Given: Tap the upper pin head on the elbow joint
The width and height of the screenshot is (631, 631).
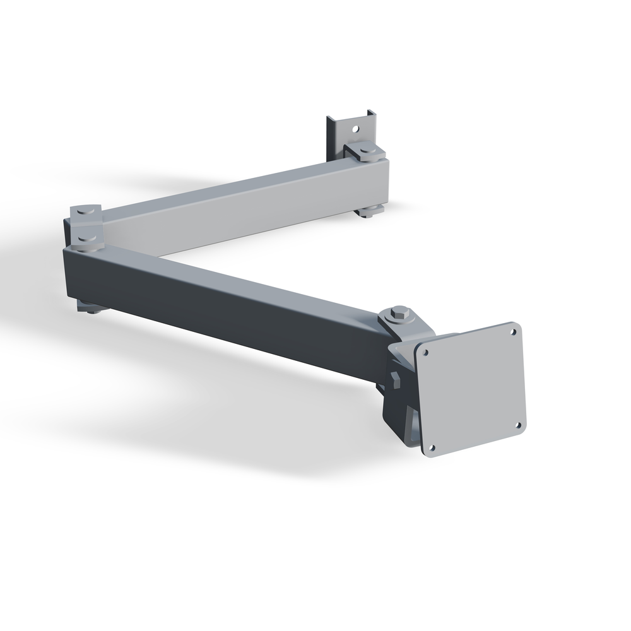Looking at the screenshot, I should [x=86, y=211].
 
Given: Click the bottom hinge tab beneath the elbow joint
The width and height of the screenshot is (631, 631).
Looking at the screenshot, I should [x=90, y=307].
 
